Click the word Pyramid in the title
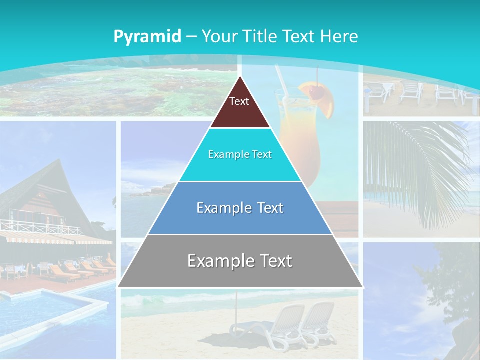tap(147, 37)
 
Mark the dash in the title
tap(192, 37)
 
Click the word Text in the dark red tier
tap(239, 101)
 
